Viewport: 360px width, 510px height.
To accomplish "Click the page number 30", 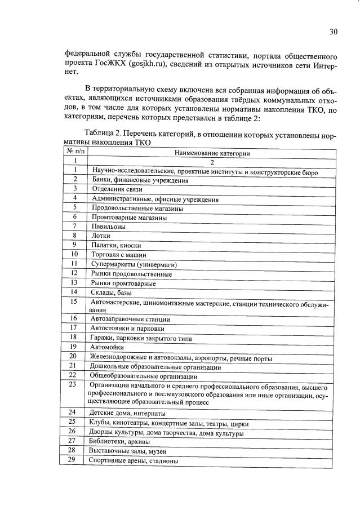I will tap(333, 32).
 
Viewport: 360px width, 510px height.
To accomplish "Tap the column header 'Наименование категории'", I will tap(212, 153).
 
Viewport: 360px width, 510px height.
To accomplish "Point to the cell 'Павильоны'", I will tap(108, 226).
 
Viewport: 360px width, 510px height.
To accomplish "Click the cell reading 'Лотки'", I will tap(101, 236).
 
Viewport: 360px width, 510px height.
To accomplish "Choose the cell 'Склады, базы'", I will tap(110, 292).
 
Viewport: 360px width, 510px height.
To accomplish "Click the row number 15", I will tap(73, 301).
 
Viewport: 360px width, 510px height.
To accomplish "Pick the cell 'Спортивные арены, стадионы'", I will tap(134, 460).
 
